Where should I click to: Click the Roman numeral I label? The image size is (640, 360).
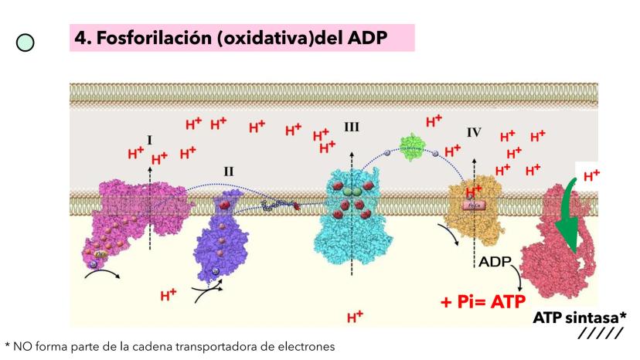click(x=149, y=140)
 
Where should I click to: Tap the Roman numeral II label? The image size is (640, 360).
click(x=229, y=171)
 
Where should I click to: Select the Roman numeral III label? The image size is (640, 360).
click(x=352, y=126)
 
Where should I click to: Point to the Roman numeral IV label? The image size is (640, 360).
click(x=474, y=132)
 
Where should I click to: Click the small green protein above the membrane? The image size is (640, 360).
click(x=412, y=146)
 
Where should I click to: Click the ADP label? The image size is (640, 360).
click(x=494, y=262)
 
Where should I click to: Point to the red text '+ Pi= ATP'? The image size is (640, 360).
click(x=484, y=301)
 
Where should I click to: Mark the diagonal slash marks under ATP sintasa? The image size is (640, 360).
click(x=600, y=334)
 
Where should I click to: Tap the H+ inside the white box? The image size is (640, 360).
click(x=591, y=175)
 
